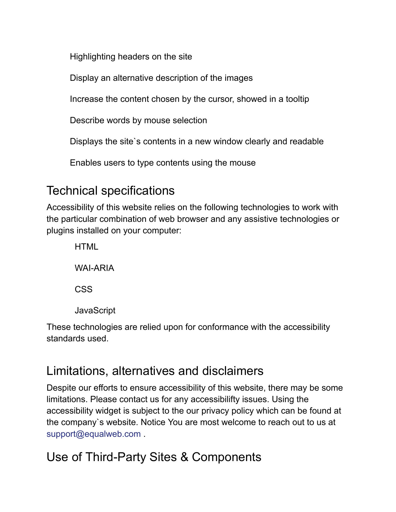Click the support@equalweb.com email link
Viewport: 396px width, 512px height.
tap(93, 434)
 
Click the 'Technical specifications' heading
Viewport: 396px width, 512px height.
tap(110, 191)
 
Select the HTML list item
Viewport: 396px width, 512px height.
tap(86, 247)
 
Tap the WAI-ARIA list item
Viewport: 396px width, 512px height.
tap(94, 268)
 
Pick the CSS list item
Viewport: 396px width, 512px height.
tap(84, 289)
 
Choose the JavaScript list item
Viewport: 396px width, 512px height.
tap(95, 311)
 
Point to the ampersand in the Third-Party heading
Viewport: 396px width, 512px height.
tap(184, 457)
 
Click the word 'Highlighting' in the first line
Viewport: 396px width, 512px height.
tap(93, 57)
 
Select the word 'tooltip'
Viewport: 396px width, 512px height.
tap(297, 99)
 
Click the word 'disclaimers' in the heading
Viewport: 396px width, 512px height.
tap(233, 371)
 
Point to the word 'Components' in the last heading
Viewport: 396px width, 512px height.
tap(226, 457)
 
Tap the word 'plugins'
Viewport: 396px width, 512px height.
tap(60, 231)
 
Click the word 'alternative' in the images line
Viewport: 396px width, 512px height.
tap(133, 78)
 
